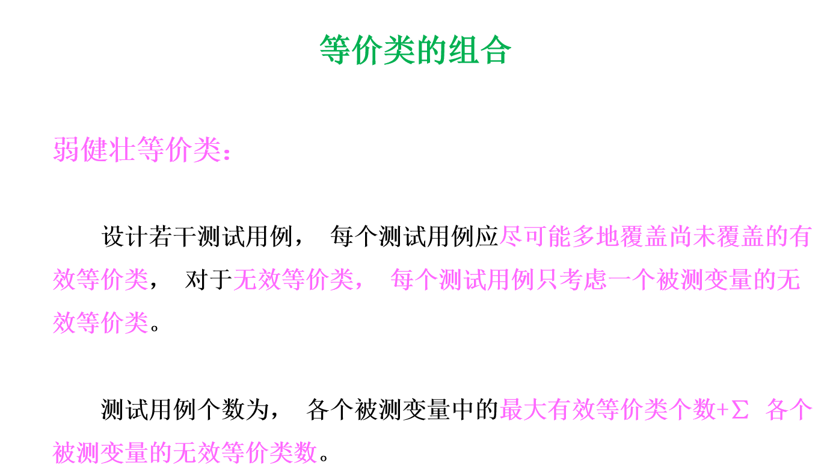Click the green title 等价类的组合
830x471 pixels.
415,50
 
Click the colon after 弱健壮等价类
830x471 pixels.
227,153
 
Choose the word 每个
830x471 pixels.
414,280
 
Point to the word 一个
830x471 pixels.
632,280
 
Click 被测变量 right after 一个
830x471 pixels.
704,280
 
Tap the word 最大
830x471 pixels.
523,410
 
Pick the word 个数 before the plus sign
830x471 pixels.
692,410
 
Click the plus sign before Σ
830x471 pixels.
722,411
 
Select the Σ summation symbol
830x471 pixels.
740,411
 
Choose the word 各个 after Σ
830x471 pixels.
789,410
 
